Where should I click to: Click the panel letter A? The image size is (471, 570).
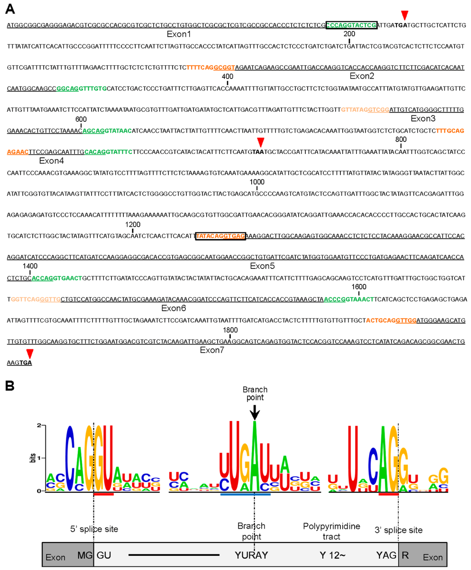click(x=10, y=8)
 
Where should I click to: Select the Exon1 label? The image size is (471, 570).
click(x=179, y=34)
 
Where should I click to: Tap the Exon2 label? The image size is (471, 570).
click(x=362, y=76)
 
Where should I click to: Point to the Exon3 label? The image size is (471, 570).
click(x=423, y=119)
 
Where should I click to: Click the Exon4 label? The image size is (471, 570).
click(x=52, y=160)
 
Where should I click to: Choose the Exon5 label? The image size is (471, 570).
click(x=262, y=266)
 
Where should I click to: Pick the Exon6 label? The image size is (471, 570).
click(x=173, y=308)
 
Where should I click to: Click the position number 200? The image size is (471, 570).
click(x=349, y=34)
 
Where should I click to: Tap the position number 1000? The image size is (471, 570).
click(x=257, y=182)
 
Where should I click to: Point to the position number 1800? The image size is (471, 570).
click(x=230, y=330)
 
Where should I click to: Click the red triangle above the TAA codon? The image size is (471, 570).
click(x=261, y=142)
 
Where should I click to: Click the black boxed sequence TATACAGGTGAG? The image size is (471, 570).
click(x=220, y=236)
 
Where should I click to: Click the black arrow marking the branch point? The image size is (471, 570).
click(x=255, y=412)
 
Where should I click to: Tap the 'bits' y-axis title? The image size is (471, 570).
click(x=33, y=458)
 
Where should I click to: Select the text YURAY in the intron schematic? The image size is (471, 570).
click(x=251, y=555)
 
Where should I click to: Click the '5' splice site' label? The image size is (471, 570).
click(x=94, y=529)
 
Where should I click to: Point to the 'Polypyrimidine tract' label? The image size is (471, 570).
click(x=331, y=531)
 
